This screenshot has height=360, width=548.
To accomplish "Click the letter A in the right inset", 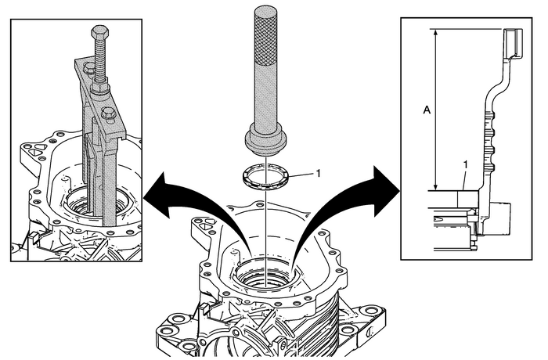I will (x=426, y=111).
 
